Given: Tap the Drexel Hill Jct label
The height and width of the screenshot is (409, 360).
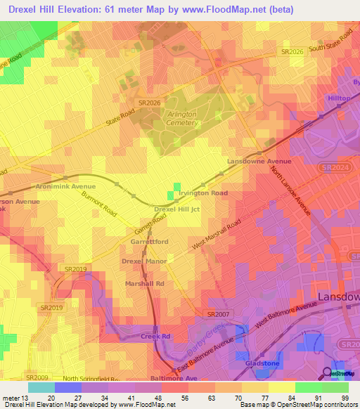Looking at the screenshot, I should (177, 209).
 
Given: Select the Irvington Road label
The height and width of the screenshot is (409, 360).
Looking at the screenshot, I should (203, 193).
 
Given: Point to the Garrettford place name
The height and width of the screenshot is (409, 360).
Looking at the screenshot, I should (149, 241).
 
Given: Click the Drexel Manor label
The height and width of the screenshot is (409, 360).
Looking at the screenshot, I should (143, 261).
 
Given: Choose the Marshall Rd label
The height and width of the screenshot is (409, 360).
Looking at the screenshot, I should (144, 283).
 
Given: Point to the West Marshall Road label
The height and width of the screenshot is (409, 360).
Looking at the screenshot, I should (217, 235).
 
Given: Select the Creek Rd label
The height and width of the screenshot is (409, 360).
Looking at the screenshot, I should (155, 337).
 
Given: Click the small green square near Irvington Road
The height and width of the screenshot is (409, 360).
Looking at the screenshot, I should (172, 195).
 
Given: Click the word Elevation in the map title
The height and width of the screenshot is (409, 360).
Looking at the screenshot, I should (85, 10).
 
